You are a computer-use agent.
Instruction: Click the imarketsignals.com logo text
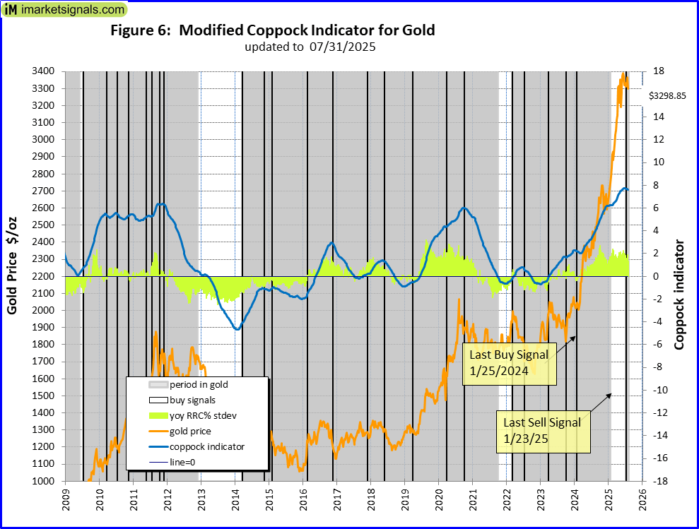tap(71, 10)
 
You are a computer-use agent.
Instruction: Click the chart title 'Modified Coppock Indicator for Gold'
tap(272, 30)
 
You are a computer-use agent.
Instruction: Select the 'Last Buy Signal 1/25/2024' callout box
tap(509, 363)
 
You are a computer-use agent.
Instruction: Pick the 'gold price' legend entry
tap(190, 431)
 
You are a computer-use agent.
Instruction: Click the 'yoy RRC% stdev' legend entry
tap(201, 415)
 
